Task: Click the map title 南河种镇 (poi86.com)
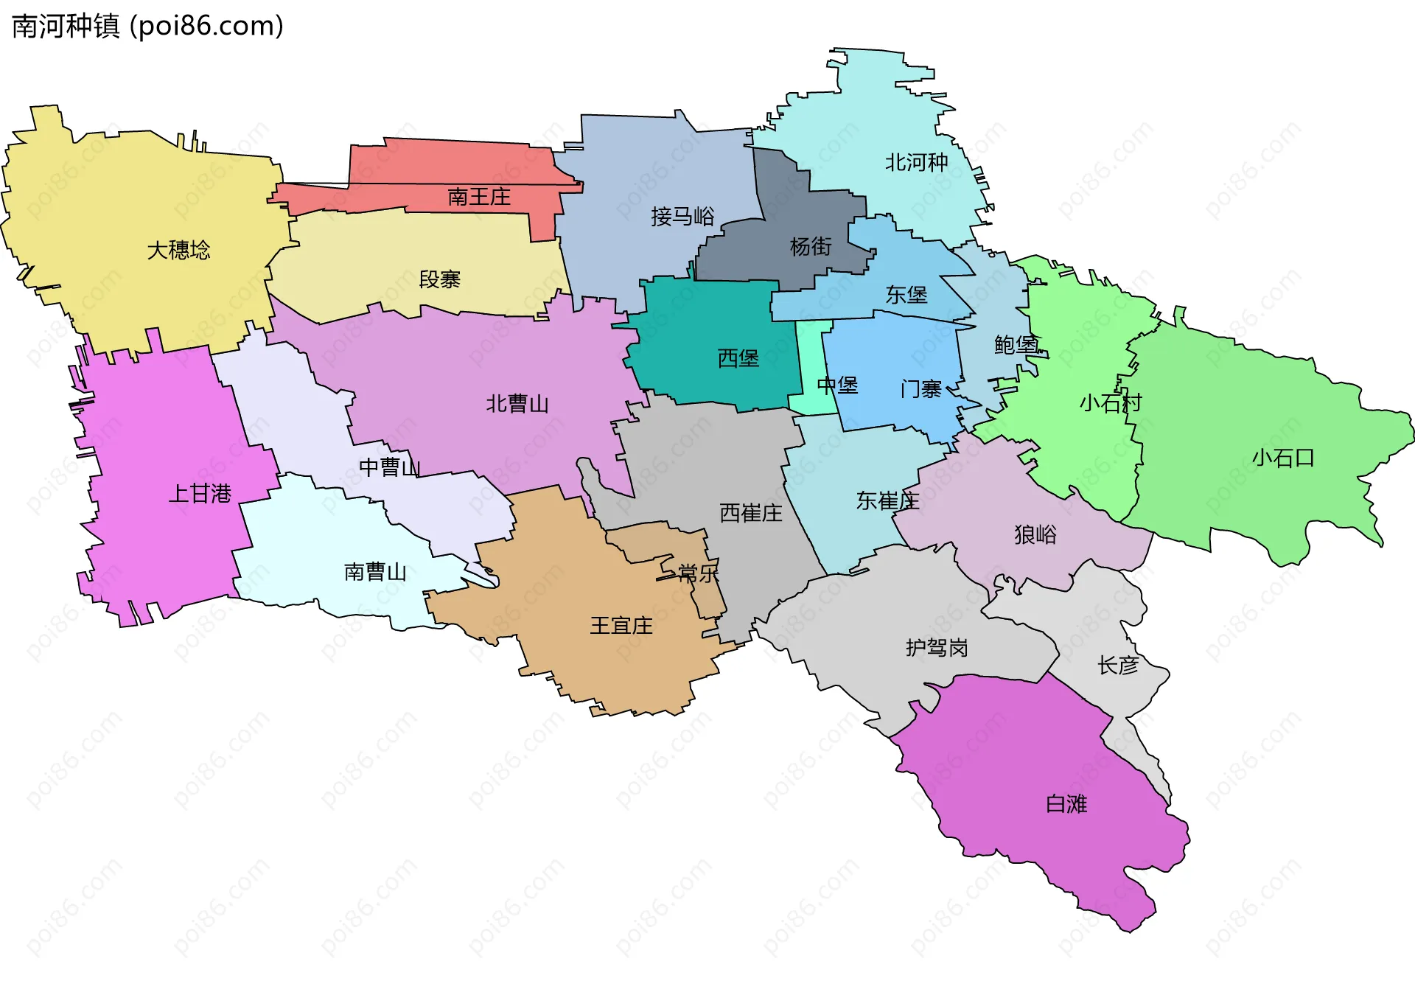coord(147,26)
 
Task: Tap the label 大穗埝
coord(178,251)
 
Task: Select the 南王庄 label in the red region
coord(478,197)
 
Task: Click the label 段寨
coord(439,279)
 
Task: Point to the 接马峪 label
coord(682,216)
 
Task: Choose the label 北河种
coord(915,162)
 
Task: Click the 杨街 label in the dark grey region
coord(810,246)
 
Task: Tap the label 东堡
coord(906,295)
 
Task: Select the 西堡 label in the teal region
coord(738,358)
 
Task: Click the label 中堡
coord(837,385)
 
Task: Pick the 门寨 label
coord(920,388)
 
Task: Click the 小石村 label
coord(1110,402)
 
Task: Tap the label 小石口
coord(1282,458)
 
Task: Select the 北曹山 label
coord(517,403)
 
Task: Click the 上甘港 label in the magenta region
coord(200,493)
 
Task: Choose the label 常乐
coord(697,573)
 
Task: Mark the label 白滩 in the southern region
coord(1066,803)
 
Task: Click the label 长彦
coord(1117,665)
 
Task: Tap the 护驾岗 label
coord(936,647)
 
